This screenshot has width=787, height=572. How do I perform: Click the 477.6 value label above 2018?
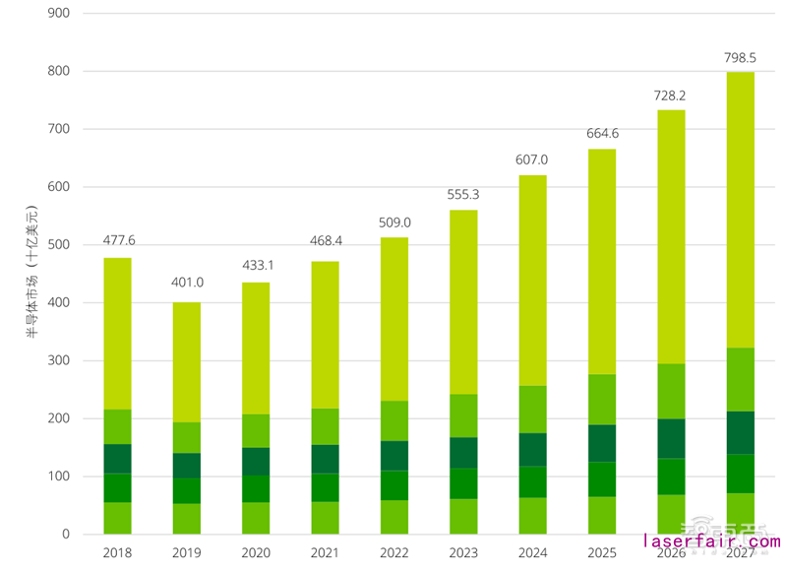(118, 241)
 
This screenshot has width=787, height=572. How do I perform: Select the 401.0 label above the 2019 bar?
(187, 284)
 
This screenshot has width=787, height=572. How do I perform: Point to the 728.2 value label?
(671, 95)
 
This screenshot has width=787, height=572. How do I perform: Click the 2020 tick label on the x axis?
(256, 553)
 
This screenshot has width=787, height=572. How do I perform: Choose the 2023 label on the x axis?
(463, 553)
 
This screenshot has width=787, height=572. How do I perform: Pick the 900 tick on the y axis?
(58, 14)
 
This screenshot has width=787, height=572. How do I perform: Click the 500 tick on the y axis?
(58, 245)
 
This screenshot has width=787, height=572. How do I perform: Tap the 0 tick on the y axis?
(66, 535)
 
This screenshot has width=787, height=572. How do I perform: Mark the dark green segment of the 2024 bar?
(532, 449)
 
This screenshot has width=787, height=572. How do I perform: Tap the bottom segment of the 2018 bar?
(118, 518)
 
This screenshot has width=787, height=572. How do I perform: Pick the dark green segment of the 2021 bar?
(326, 459)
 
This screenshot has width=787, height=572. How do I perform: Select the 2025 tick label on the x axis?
(601, 553)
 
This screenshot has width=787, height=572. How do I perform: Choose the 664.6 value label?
(601, 134)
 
